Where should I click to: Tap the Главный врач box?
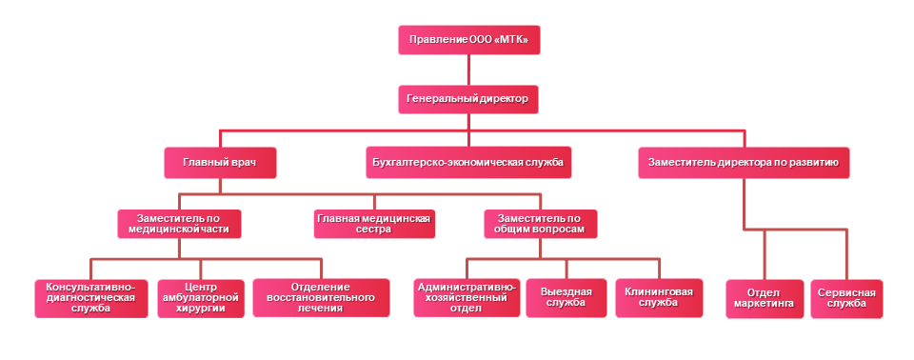220,163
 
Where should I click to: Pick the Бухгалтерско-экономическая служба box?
467,163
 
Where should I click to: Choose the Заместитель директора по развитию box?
743,163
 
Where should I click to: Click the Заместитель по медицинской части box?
179,224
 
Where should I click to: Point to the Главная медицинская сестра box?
373,224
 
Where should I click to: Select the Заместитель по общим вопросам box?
540,224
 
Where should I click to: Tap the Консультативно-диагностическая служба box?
90,298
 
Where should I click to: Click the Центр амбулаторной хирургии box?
200,298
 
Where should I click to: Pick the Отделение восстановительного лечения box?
321,298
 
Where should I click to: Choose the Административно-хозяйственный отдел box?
467,298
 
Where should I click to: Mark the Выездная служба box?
566,298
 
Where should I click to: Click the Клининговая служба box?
659,298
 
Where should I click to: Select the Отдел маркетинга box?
764,298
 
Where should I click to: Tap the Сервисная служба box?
846,298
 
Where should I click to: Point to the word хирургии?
200,309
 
